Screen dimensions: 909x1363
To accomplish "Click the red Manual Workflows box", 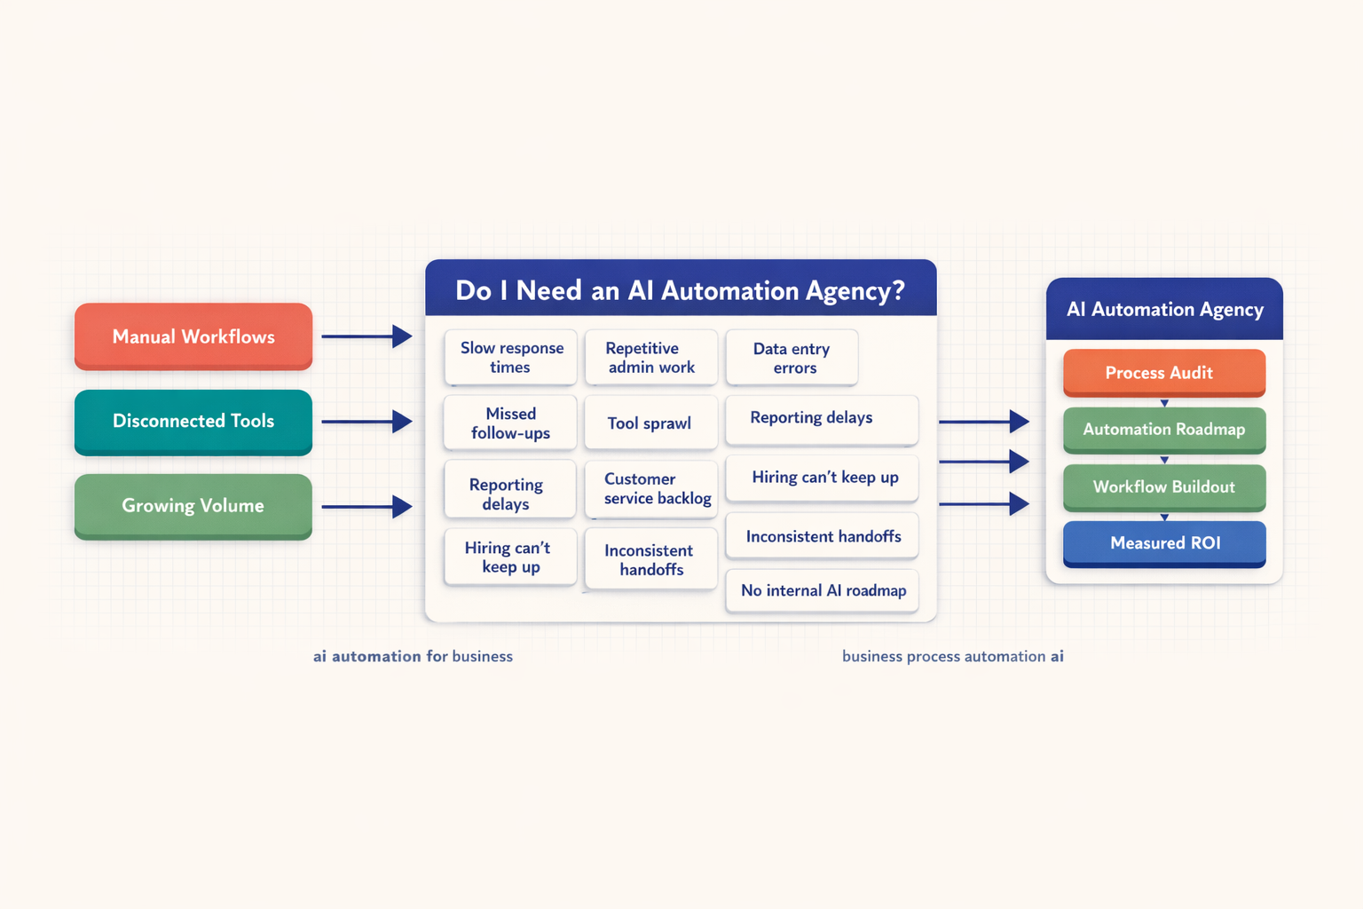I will (193, 336).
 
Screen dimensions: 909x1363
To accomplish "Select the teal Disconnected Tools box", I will (193, 421).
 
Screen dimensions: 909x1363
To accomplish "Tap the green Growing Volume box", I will (193, 505).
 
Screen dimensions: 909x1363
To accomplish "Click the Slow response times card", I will (511, 357).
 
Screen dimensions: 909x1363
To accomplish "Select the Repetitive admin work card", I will (650, 357).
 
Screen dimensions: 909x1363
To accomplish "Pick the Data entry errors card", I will (792, 358).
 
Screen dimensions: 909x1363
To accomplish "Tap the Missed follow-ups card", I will (510, 423).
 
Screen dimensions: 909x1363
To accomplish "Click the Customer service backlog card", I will (651, 488).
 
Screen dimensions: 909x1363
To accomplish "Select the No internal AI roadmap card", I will (823, 590).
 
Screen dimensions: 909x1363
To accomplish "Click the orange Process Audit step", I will (1163, 373).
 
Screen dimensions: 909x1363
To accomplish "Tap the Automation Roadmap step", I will (1163, 429).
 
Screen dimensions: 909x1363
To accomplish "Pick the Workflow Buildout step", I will (1163, 486).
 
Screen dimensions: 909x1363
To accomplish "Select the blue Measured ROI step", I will (1163, 542).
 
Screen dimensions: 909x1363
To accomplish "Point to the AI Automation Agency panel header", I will (1163, 309).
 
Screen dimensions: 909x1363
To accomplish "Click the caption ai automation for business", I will (413, 656).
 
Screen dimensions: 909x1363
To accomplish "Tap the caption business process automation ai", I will (952, 656).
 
